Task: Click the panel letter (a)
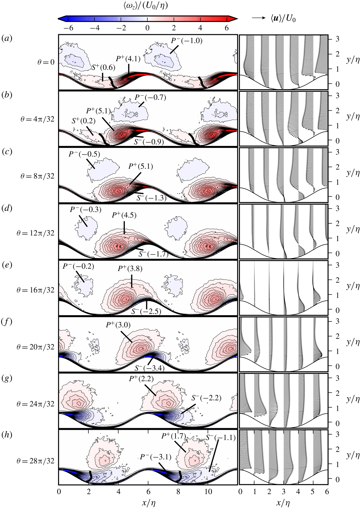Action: click(x=7, y=39)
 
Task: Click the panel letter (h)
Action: click(x=7, y=435)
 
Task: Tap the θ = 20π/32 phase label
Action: click(x=35, y=347)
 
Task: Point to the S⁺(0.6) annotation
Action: click(x=103, y=67)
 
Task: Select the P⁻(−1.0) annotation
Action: click(x=187, y=41)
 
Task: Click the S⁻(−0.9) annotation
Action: click(x=149, y=142)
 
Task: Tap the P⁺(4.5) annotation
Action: click(x=124, y=215)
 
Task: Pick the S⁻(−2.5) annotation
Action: click(x=146, y=311)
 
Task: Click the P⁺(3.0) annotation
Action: click(x=118, y=325)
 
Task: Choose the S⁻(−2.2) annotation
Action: click(x=206, y=398)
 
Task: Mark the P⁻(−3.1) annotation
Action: click(x=156, y=457)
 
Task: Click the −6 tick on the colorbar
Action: click(x=68, y=28)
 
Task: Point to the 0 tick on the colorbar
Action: click(x=147, y=28)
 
